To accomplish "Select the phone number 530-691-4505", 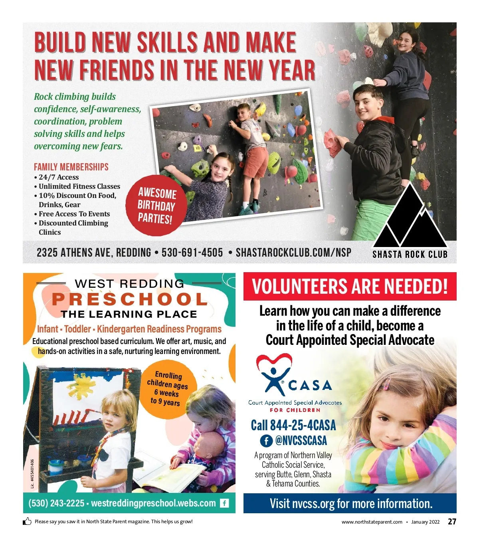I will (192, 253).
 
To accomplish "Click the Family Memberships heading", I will (71, 167).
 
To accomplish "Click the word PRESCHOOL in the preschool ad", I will (129, 299).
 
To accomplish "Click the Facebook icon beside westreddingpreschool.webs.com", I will (225, 503).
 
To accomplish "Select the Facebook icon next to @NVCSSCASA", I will (266, 441).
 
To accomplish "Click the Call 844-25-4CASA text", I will (293, 425).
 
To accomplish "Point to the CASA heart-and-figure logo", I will (275, 373).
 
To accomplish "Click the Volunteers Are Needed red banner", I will (350, 287).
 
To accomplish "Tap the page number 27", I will (452, 522).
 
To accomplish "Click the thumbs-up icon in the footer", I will (27, 521).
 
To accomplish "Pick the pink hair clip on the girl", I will (386, 384).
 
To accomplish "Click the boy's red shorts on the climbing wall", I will (255, 161).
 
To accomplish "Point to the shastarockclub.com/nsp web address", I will (293, 253).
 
